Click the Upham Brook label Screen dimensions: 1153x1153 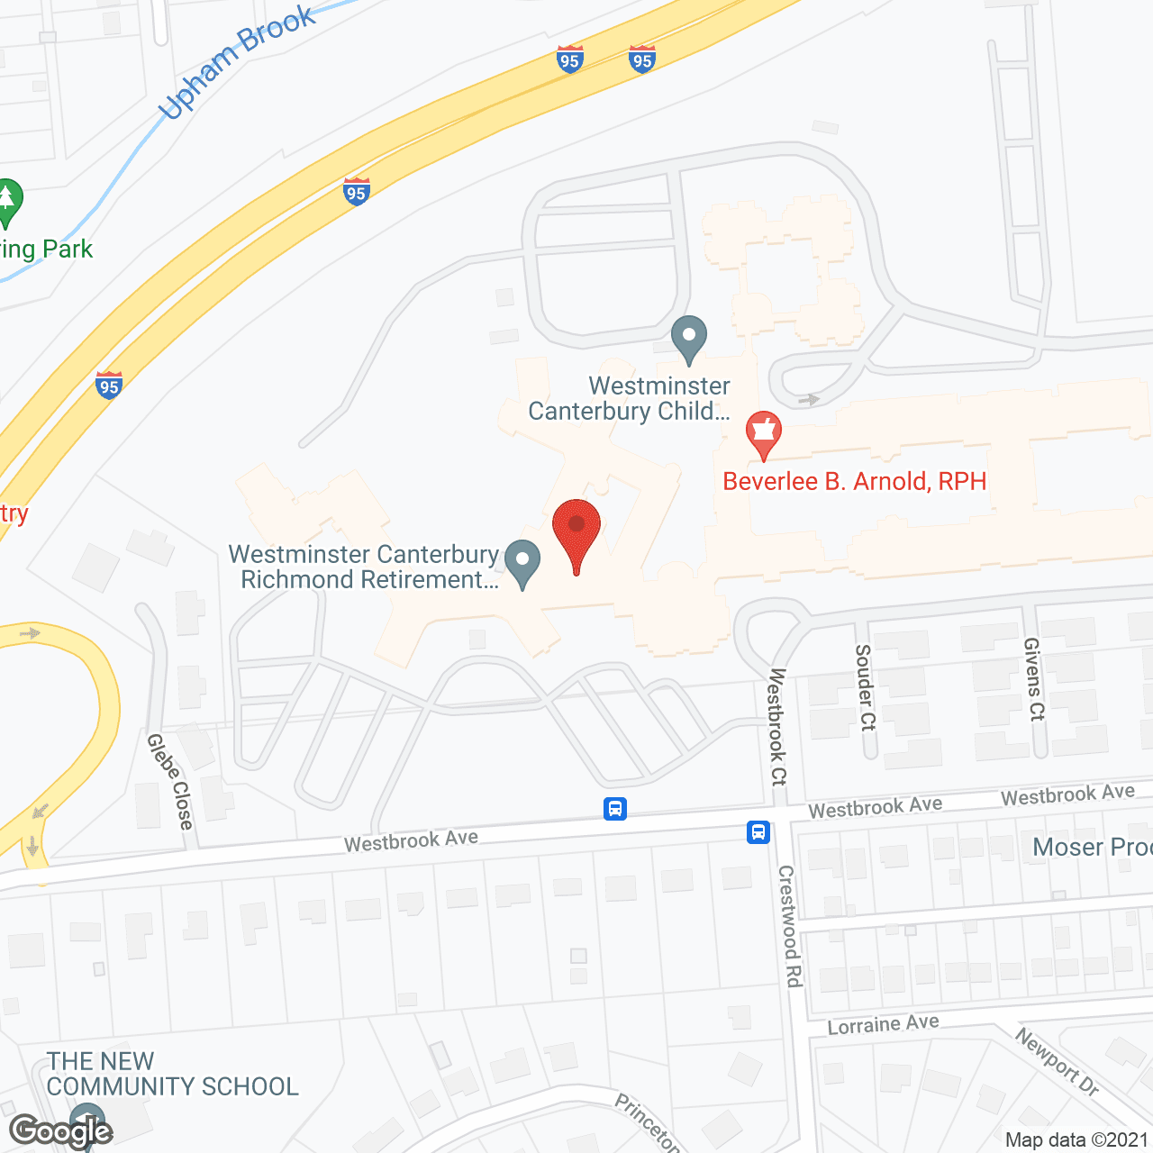237,62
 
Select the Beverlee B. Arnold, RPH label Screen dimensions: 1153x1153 854,481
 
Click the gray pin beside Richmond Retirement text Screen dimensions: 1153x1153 522,562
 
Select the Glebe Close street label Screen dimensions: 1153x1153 170,780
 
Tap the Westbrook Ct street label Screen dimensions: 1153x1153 777,726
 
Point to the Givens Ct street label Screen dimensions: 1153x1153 1034,678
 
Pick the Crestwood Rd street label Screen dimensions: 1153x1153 790,925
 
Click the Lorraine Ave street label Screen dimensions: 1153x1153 883,1025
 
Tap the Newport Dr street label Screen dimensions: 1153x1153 1058,1061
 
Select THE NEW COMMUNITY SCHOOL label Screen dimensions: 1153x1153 172,1074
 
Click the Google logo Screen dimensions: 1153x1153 61,1130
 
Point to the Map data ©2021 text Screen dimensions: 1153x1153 1076,1139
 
